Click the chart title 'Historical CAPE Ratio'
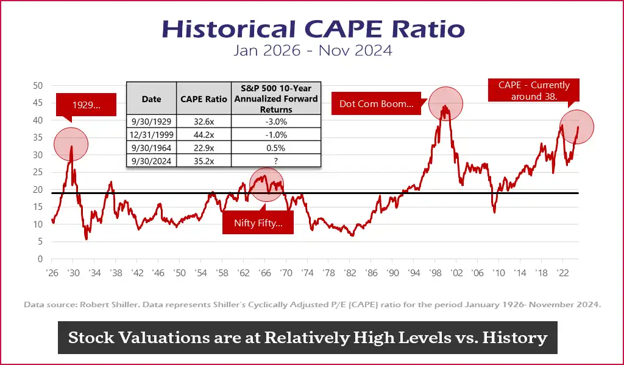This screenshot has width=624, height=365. click(x=312, y=29)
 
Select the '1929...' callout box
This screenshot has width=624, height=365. click(x=86, y=105)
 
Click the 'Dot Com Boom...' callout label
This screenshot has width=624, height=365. click(x=376, y=104)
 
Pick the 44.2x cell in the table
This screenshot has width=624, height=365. click(x=204, y=134)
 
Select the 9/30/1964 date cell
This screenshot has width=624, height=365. click(x=151, y=147)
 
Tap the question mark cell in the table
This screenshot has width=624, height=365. click(x=277, y=161)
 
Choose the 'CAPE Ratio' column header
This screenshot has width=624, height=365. click(x=204, y=99)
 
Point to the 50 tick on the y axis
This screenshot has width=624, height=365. click(x=37, y=86)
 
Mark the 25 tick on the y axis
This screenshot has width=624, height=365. click(x=37, y=172)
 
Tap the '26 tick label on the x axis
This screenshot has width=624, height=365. click(x=52, y=274)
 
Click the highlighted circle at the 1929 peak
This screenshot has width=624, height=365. click(x=71, y=144)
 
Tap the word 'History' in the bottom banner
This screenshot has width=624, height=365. click(x=515, y=338)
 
